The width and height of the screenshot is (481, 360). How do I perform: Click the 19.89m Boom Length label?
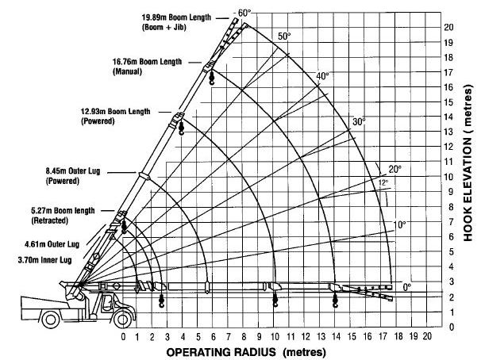click(176, 22)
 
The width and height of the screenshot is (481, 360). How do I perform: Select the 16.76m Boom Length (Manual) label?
click(148, 67)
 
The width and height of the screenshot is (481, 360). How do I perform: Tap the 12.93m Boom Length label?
click(116, 116)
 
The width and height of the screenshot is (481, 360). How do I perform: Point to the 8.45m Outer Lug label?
click(73, 176)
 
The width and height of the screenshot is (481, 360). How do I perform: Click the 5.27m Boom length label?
click(63, 216)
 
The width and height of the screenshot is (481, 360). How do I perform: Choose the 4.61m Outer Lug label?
click(52, 244)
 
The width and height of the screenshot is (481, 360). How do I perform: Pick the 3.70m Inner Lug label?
click(44, 260)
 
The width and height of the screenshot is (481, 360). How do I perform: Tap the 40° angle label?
click(323, 75)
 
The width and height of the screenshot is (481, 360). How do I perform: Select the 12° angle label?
click(383, 182)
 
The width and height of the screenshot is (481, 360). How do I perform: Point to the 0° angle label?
click(406, 287)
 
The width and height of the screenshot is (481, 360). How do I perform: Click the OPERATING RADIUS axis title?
click(246, 352)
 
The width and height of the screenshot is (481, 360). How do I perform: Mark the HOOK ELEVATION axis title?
click(468, 163)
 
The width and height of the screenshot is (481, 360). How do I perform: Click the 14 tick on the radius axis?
click(337, 337)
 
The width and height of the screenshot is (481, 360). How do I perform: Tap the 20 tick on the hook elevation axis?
click(448, 27)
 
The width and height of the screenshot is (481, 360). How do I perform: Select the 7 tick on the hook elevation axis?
click(451, 221)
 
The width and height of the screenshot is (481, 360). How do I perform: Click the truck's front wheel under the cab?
click(123, 319)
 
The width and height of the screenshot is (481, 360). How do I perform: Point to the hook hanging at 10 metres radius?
click(275, 299)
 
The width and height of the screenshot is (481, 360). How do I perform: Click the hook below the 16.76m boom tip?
click(212, 78)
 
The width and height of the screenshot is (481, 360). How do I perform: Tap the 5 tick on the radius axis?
click(198, 337)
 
